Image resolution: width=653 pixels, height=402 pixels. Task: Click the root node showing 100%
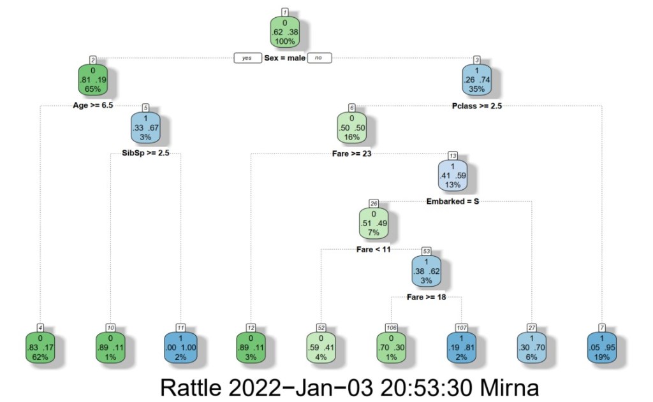284,32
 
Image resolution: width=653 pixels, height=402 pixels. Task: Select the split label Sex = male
285,58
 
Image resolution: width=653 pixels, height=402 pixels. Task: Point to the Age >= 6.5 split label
93,106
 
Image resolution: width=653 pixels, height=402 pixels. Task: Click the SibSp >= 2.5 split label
145,154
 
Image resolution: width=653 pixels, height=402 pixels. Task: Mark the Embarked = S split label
453,202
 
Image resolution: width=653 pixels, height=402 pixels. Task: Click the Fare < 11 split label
373,249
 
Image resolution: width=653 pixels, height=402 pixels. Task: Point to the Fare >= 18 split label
426,297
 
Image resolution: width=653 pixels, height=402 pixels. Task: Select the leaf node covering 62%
40,347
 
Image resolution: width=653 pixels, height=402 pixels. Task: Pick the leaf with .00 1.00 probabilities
180,347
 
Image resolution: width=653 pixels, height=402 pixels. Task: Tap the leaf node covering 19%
601,347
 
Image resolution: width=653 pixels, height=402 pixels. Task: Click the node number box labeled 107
461,327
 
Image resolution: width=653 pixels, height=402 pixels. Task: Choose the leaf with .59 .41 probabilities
321,347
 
